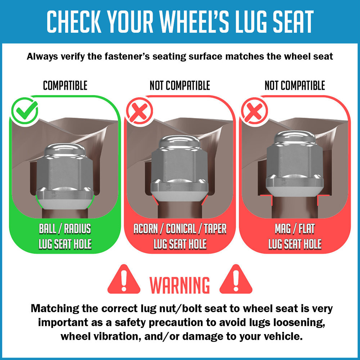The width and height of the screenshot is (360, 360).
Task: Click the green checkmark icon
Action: pos(25,111)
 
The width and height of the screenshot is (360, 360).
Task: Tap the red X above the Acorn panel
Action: pos(139,111)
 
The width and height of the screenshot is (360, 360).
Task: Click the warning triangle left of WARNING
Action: pos(124,279)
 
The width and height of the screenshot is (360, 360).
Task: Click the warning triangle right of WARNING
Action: pos(236,279)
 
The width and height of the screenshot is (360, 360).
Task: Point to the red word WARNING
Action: pos(180,285)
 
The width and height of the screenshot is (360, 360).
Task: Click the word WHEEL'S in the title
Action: pos(194,21)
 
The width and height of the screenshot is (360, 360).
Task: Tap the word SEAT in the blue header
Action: pos(293,21)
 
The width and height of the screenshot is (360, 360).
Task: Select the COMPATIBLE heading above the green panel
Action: pos(65,85)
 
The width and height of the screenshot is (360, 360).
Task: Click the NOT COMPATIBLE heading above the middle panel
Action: pos(180,85)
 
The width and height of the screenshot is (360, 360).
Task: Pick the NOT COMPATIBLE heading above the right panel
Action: pos(295,85)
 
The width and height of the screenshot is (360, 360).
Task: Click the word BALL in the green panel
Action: pos(48,229)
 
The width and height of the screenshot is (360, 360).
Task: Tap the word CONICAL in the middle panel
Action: pos(181,229)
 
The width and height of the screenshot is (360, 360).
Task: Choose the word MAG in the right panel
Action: pos(283,229)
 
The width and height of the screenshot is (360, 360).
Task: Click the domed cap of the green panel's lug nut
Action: pos(64,150)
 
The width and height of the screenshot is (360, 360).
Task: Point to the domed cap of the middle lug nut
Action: pos(180,141)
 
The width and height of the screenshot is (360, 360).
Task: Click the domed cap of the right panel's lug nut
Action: pos(295,137)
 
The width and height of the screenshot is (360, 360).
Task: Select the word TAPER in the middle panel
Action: pos(215,229)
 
